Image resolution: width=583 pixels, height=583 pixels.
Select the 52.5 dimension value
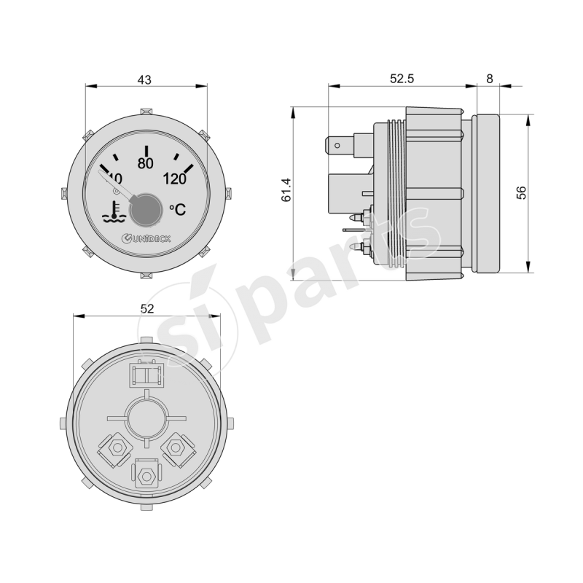(x=401, y=79)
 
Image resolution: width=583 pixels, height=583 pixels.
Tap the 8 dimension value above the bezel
(x=488, y=79)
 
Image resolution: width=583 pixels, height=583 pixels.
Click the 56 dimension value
(x=521, y=192)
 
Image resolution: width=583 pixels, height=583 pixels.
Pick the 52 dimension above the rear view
(x=146, y=309)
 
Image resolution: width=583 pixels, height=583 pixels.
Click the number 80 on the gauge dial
(x=145, y=163)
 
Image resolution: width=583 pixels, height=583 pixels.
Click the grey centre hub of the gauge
(x=144, y=208)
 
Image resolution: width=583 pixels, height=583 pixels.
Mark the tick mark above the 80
(x=146, y=149)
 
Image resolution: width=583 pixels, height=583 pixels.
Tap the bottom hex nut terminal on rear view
(x=146, y=475)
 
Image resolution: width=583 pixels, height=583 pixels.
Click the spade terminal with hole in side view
(x=338, y=146)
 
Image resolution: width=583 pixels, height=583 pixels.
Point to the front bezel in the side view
(x=487, y=192)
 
